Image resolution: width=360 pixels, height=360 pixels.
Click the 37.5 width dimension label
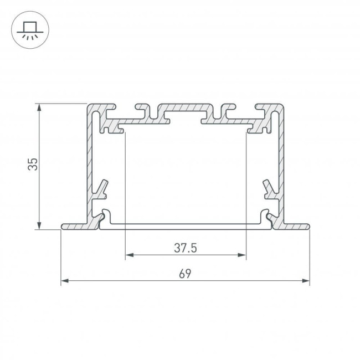186,248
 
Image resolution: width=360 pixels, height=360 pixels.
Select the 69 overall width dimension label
185,274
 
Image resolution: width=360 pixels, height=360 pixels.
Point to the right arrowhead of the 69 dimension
306,281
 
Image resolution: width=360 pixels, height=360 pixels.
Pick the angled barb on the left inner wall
102,189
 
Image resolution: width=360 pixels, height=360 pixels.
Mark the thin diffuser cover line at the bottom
186,224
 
